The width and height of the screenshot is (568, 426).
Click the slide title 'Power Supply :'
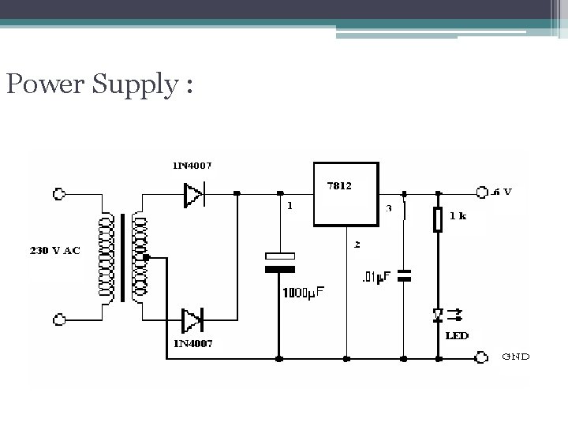(x=98, y=84)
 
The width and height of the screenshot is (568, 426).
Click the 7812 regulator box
(x=346, y=193)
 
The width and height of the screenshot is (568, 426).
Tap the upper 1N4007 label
(x=192, y=166)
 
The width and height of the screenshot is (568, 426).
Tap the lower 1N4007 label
(x=192, y=344)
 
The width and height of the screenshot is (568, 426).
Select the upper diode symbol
(x=193, y=194)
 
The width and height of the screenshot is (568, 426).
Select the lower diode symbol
(x=192, y=321)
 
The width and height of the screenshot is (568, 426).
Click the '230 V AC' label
(x=55, y=251)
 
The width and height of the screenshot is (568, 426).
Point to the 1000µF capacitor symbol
(x=279, y=262)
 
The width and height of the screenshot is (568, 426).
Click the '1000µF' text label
(x=302, y=293)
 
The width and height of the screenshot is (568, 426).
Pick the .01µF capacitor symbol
(x=404, y=275)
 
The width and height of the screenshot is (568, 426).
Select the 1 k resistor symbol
(x=439, y=219)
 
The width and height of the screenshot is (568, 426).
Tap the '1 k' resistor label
(x=457, y=215)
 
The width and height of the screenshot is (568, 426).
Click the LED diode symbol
(x=439, y=315)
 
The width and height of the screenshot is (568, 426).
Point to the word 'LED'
(x=457, y=335)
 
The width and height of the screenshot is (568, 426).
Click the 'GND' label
(x=516, y=356)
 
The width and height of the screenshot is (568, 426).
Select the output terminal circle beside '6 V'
(x=482, y=192)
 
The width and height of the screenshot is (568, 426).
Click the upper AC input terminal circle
(x=58, y=193)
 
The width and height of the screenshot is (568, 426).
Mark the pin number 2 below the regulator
(x=357, y=245)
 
